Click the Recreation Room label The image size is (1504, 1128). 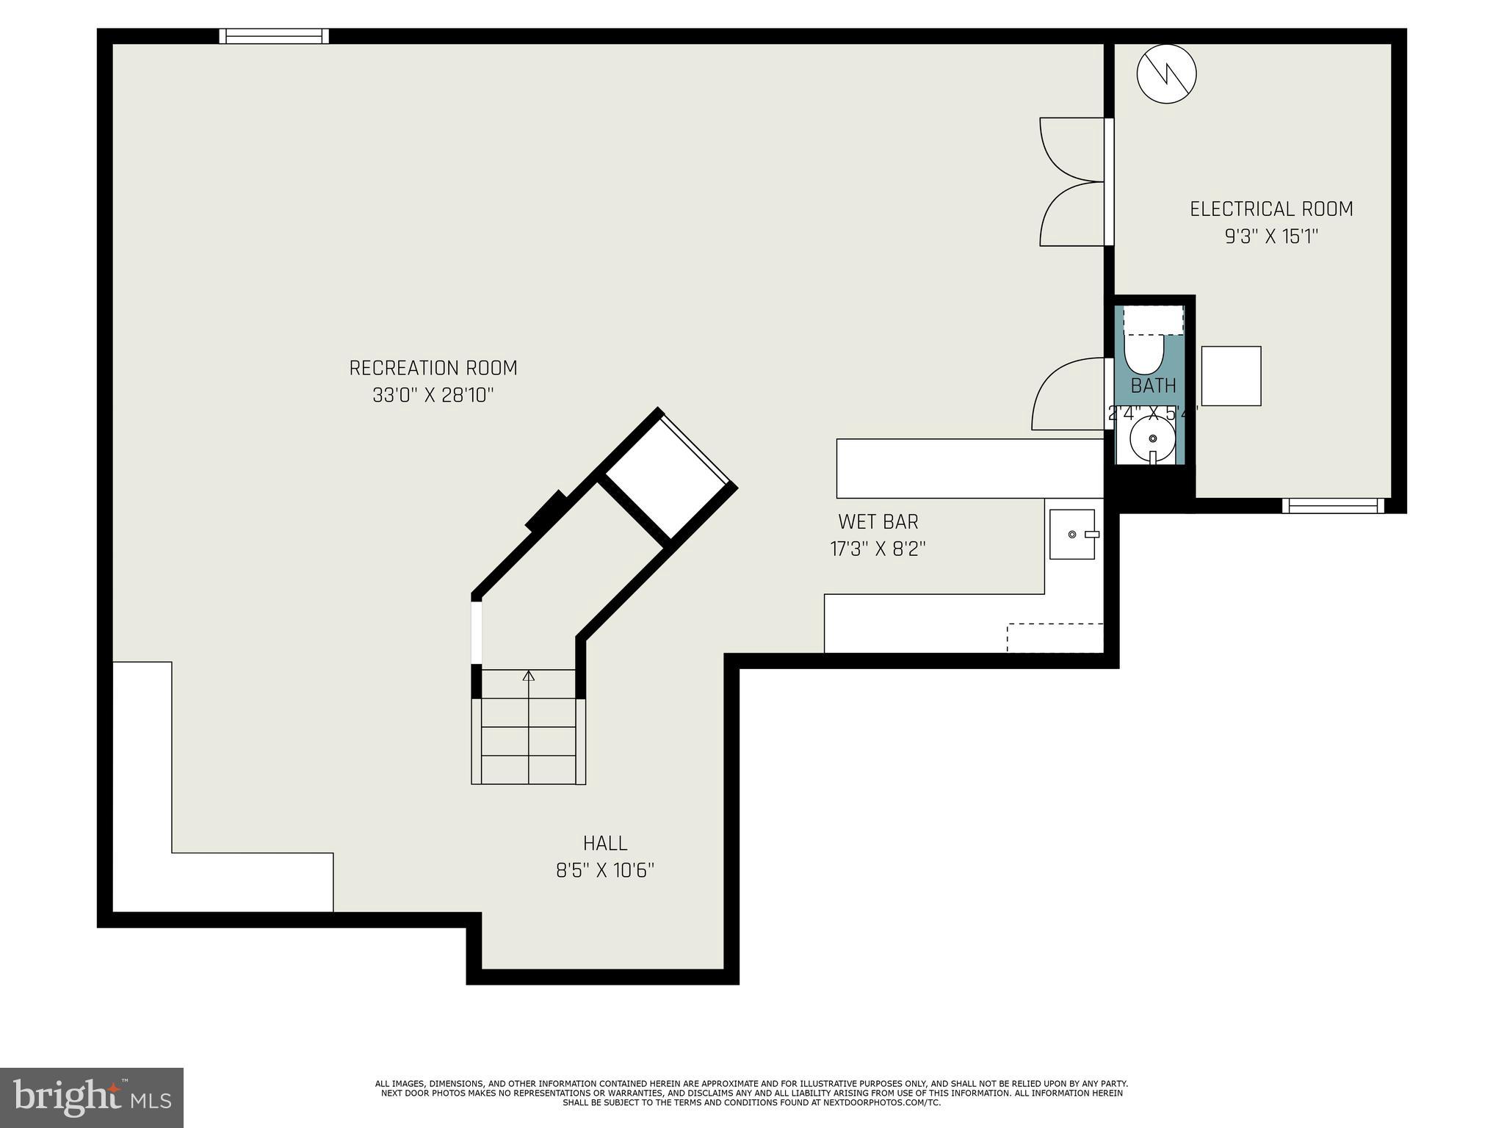click(433, 367)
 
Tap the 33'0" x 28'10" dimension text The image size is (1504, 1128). click(433, 396)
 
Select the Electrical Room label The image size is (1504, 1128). click(1271, 209)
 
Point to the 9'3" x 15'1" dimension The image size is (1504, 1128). click(1271, 237)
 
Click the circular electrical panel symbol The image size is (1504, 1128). click(1166, 73)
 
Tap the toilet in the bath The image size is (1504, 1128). click(1144, 352)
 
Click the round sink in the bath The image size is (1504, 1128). click(1152, 439)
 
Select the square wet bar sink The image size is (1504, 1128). click(1072, 534)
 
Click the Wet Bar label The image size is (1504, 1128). click(878, 521)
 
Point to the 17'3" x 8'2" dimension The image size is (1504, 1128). click(878, 549)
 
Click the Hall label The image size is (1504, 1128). click(605, 843)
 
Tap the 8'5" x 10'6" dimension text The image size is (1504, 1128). click(605, 871)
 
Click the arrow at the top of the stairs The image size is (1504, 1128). click(528, 676)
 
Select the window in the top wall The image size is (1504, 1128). click(274, 36)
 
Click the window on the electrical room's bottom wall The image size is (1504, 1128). click(1333, 505)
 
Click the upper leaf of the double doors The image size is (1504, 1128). click(1069, 151)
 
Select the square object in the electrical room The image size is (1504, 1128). click(1231, 376)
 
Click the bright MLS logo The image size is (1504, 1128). click(91, 1098)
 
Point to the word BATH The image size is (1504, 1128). click(1153, 386)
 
